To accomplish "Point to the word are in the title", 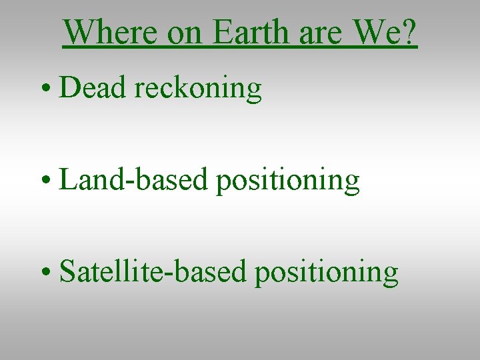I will tap(319, 31).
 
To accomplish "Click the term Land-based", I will tap(133, 179).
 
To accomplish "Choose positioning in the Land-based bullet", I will tap(287, 181).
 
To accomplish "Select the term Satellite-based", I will tap(153, 271).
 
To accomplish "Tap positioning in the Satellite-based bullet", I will tap(326, 273).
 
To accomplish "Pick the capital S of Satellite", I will tap(67, 271).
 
